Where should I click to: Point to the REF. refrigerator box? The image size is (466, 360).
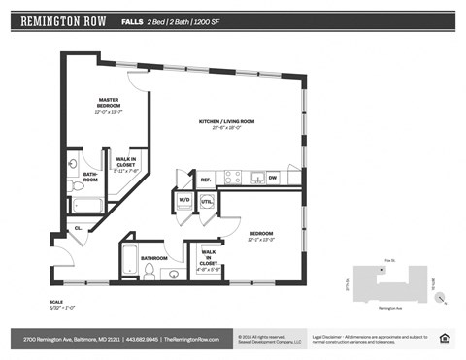tap(206, 179)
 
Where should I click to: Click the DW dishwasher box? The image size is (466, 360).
tap(272, 178)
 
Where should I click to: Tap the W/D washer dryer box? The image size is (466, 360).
tap(184, 202)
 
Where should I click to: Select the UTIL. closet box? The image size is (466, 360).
tap(206, 202)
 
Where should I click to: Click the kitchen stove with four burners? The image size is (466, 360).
tap(233, 178)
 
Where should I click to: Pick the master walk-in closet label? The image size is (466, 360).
tap(126, 164)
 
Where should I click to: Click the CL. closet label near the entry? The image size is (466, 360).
tap(79, 228)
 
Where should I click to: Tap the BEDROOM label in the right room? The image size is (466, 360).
tap(260, 235)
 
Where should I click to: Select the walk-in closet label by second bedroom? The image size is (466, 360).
tap(209, 259)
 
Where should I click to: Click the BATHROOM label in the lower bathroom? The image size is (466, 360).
tap(153, 258)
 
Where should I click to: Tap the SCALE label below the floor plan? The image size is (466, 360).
tap(56, 302)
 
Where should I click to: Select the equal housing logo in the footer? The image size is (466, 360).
tap(445, 339)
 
